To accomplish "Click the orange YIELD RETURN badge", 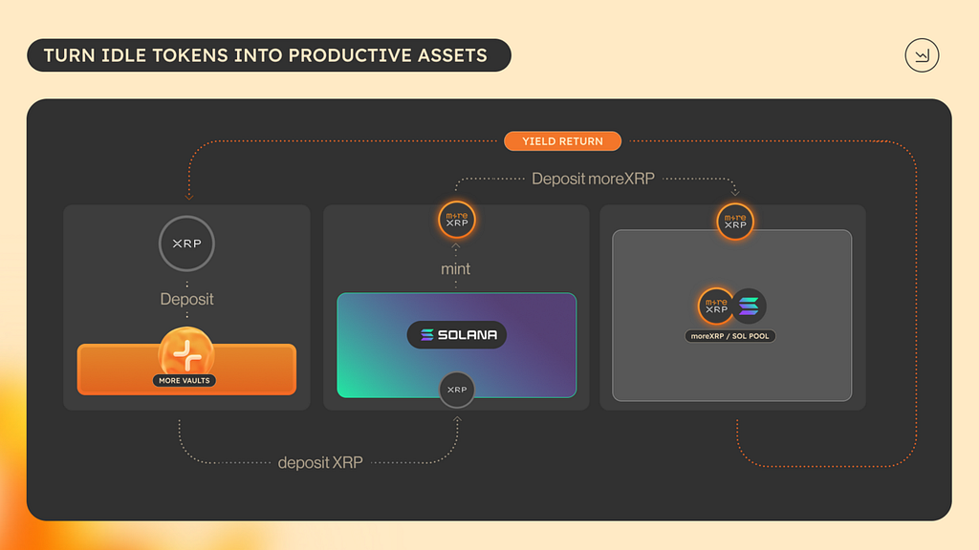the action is click(x=562, y=141).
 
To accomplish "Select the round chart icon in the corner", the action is click(x=922, y=55).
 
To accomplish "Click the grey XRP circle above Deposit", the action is click(x=186, y=243).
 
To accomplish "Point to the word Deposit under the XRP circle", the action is click(x=186, y=299).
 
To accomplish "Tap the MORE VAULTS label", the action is click(x=185, y=380).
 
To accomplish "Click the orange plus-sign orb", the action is click(x=186, y=352).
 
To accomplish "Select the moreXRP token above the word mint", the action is click(x=456, y=220).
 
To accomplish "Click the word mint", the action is click(x=455, y=268).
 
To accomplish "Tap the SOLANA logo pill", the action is click(x=456, y=335).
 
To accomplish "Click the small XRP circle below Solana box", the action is click(x=456, y=390).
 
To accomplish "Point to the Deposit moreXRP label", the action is click(x=593, y=179).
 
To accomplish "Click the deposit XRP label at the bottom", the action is click(x=320, y=463).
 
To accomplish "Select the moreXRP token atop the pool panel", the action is click(x=735, y=222).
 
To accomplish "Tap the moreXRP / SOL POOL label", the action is click(x=729, y=336).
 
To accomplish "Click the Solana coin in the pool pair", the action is click(x=749, y=307).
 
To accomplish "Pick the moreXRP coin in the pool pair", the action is click(x=716, y=307).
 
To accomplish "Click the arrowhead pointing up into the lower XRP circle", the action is click(x=457, y=420).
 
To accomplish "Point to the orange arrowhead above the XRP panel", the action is click(x=188, y=197).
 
